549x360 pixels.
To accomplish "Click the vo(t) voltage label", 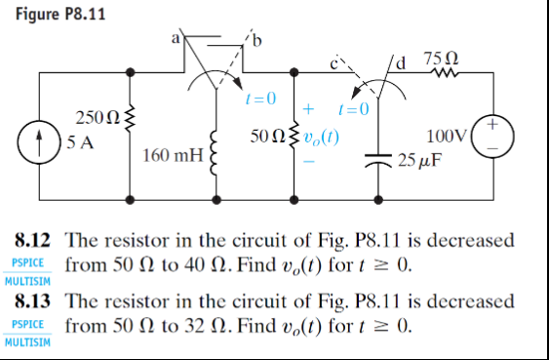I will point(319,138).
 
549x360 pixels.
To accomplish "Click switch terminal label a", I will point(176,39).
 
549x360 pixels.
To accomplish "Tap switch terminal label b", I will point(256,41).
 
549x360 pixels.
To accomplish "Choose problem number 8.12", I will point(35,239).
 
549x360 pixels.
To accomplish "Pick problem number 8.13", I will point(35,302).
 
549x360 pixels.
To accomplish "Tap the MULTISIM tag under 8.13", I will point(30,344).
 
